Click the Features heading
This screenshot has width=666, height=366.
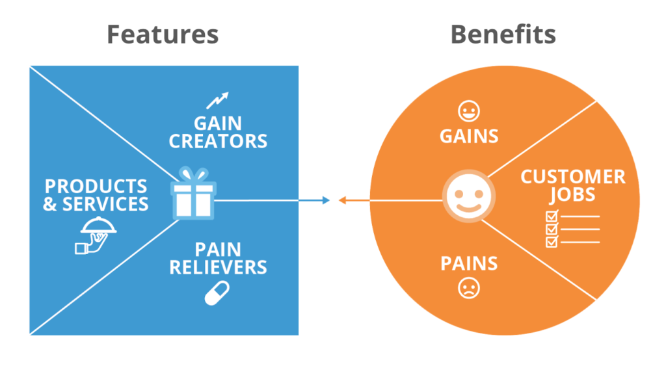[163, 34]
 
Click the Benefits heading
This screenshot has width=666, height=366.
[503, 34]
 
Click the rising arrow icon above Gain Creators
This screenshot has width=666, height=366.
[218, 100]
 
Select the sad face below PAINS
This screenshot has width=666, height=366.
[468, 287]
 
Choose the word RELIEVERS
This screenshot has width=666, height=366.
[218, 267]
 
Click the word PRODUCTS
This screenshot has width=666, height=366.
[96, 187]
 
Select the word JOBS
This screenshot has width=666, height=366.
[572, 194]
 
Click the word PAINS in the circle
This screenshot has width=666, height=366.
[469, 264]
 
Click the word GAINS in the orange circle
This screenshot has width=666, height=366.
[469, 136]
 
